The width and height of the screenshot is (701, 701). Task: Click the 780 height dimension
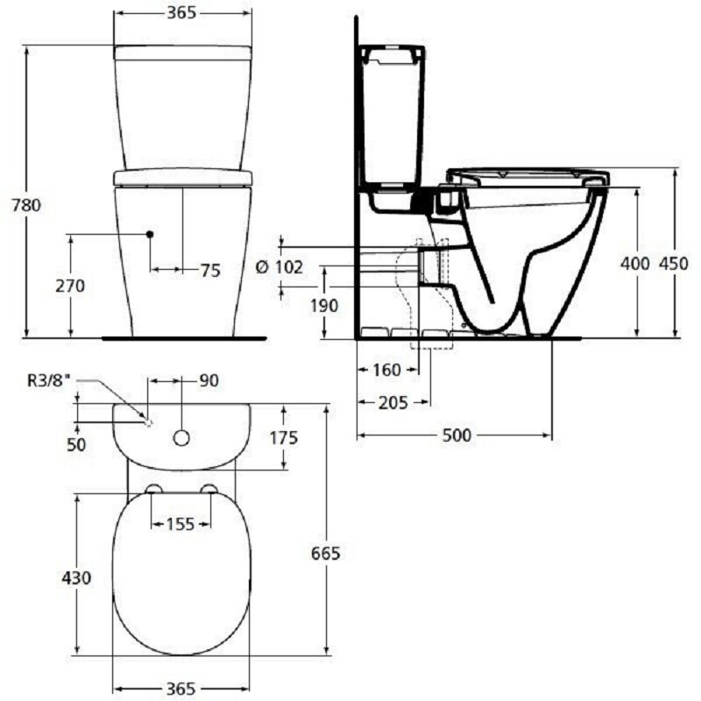pyautogui.click(x=26, y=205)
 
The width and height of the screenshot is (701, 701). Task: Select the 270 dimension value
pyautogui.click(x=70, y=286)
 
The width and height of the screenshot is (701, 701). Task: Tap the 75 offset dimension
pyautogui.click(x=210, y=271)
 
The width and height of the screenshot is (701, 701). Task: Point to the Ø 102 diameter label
pyautogui.click(x=280, y=267)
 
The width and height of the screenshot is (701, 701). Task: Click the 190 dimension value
pyautogui.click(x=324, y=306)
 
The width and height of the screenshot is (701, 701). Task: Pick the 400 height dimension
pyautogui.click(x=634, y=264)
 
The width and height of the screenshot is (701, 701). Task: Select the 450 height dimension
pyautogui.click(x=674, y=264)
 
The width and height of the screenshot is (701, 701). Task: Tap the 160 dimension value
pyautogui.click(x=386, y=370)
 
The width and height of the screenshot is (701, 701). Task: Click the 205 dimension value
pyautogui.click(x=393, y=403)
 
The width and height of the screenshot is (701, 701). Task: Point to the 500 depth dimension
pyautogui.click(x=457, y=435)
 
